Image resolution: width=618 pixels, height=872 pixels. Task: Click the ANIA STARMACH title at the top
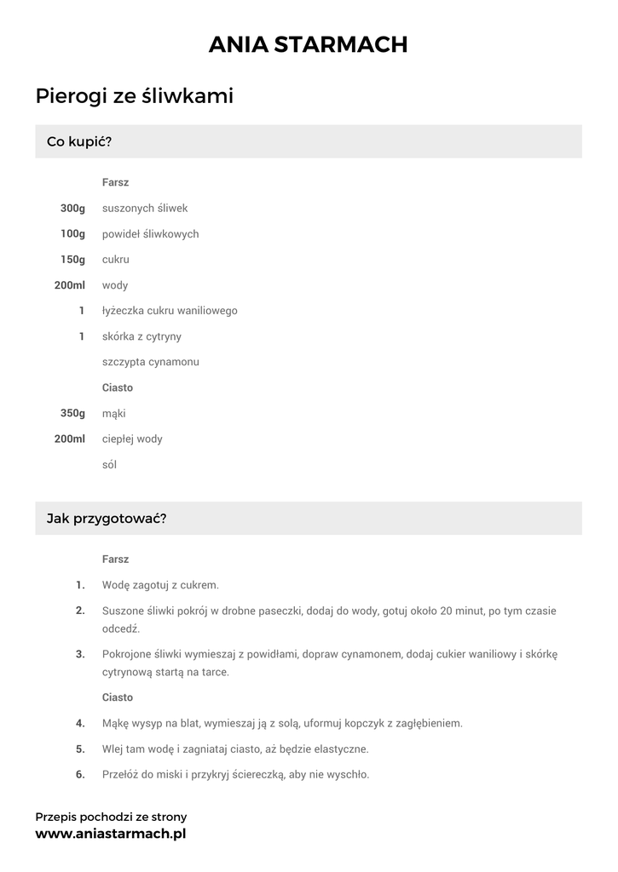coord(309,44)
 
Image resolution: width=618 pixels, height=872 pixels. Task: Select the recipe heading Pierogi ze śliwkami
coord(135,97)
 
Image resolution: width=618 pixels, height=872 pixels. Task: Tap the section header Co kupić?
coord(79,141)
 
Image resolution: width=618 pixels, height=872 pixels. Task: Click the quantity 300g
coord(72,208)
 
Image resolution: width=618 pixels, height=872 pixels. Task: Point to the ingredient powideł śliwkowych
coord(150,234)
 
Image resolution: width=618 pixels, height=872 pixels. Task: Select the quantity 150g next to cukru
coord(72,260)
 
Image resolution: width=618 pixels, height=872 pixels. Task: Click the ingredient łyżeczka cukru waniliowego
coord(170,311)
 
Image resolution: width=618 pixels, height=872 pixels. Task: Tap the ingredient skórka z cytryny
coord(142,336)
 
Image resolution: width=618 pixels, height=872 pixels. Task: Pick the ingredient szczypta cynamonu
coord(150,362)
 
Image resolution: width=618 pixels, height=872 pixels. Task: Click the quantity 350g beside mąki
coord(72,414)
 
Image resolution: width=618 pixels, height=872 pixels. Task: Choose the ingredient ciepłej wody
coord(132,439)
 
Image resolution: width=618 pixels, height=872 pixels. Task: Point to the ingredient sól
coord(109,465)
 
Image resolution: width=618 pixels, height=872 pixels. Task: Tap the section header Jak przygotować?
coord(107,518)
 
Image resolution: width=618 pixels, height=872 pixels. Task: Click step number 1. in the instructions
coord(80,585)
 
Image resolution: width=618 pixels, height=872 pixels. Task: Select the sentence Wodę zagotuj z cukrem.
coord(160,585)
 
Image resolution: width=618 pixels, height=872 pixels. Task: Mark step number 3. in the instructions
coord(80,654)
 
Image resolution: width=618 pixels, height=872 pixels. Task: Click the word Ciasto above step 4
coord(118,697)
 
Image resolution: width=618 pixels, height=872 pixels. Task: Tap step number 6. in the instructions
coord(80,775)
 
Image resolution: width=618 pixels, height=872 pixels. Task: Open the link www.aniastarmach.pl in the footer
coord(110,834)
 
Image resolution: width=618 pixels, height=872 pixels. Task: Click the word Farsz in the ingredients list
coord(115,182)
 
